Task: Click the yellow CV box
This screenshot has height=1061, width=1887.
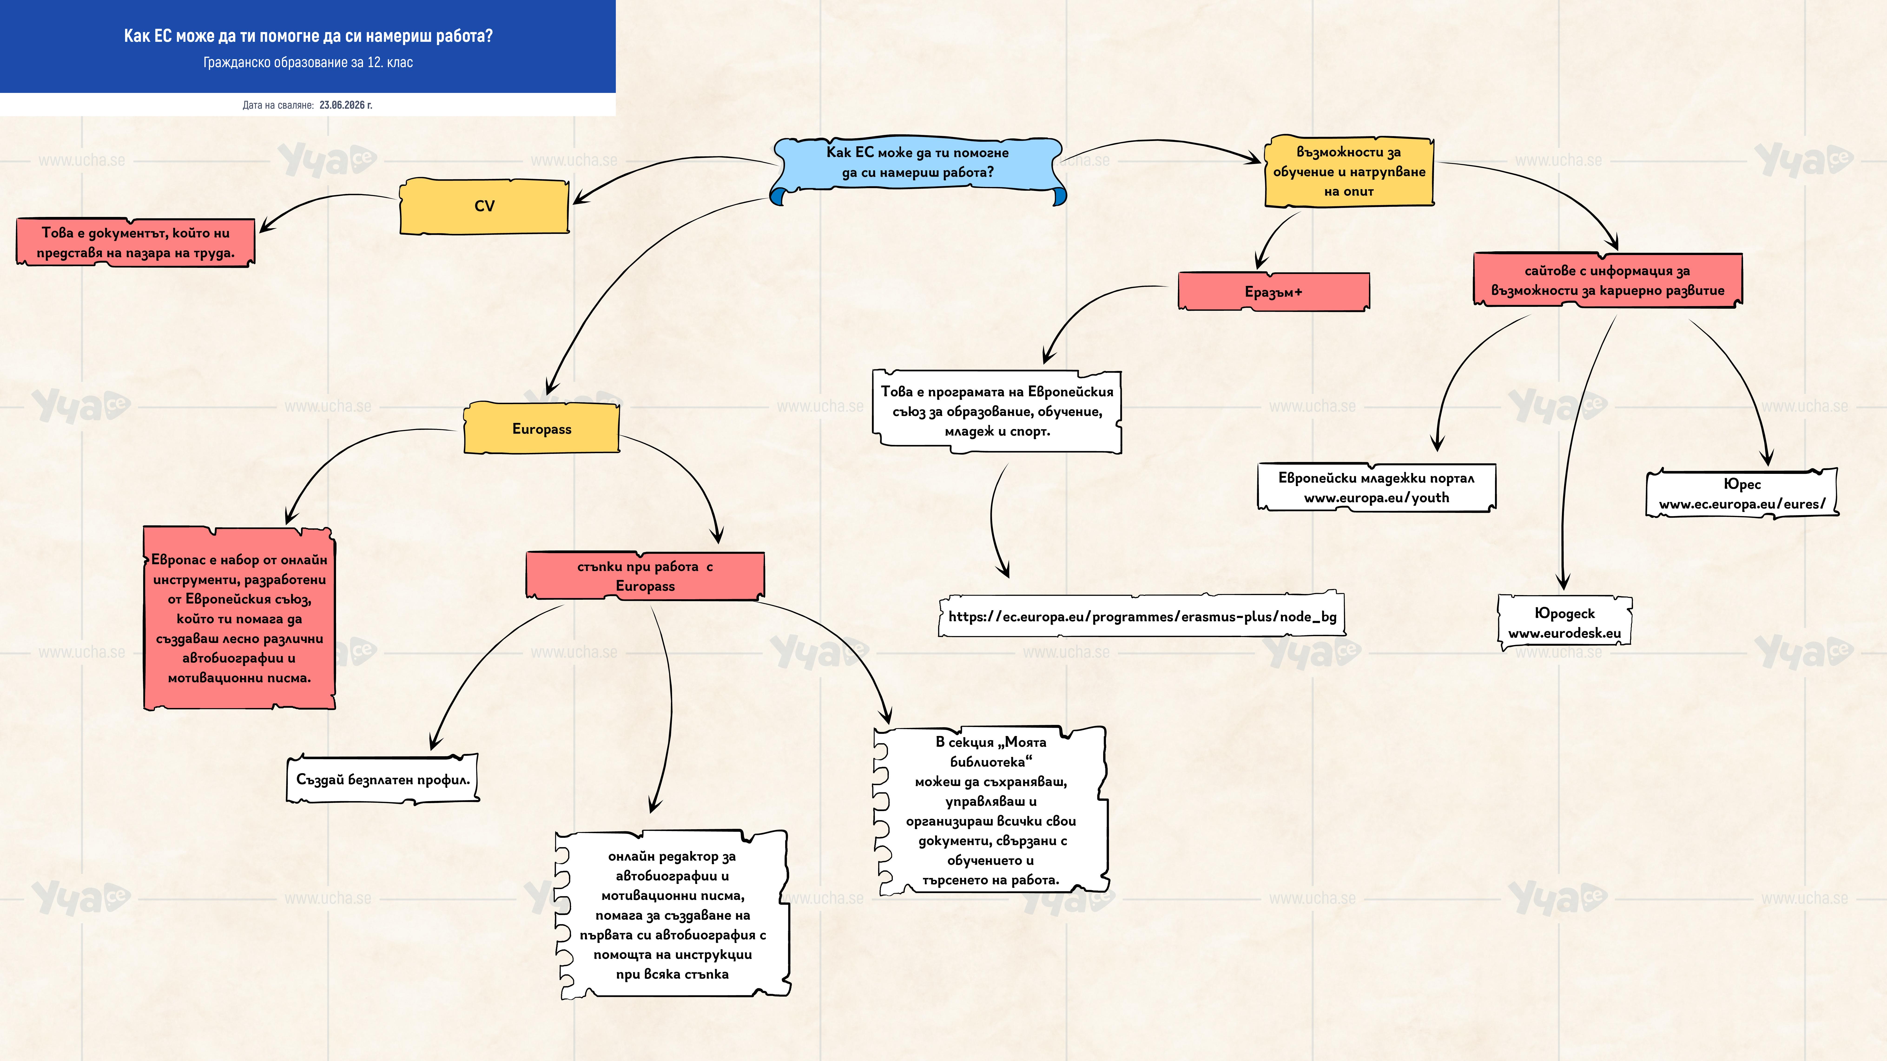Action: tap(484, 206)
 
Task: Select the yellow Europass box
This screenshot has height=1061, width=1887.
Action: tap(541, 428)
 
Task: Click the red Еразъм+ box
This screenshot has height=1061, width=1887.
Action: tap(1273, 291)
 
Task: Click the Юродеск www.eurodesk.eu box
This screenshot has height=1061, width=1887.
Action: tap(1564, 622)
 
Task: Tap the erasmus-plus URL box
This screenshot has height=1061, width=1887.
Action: tap(1142, 616)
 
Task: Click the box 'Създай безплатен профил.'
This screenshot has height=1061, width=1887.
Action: tap(382, 779)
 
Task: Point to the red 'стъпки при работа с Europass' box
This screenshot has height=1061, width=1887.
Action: tap(645, 576)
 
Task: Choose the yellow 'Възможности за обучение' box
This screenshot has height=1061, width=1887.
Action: tap(1349, 171)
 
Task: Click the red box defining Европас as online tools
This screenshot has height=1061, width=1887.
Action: tap(240, 618)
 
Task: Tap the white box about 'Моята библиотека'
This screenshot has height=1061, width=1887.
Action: tap(990, 811)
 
